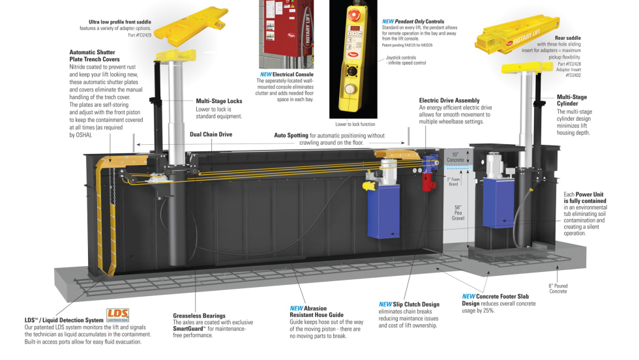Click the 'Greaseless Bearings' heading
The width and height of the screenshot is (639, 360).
199,316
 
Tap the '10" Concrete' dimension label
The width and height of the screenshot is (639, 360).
455,157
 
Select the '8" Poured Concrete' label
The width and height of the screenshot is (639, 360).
557,288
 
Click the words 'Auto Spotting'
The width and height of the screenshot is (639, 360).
291,136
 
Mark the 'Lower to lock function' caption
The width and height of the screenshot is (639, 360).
356,124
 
